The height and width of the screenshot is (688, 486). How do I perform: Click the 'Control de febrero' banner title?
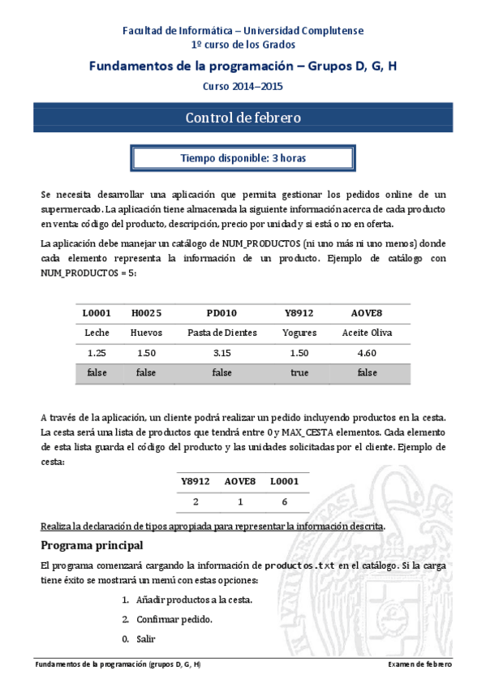(x=243, y=118)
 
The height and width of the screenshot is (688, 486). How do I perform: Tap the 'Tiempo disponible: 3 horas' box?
(x=243, y=158)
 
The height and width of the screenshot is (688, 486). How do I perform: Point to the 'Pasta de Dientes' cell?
(x=221, y=333)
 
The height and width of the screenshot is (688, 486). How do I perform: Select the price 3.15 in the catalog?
(x=221, y=353)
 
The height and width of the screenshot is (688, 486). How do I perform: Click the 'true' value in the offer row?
(x=299, y=372)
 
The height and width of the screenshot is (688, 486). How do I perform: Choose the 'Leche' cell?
(x=97, y=333)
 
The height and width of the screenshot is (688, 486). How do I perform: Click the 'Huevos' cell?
(x=146, y=333)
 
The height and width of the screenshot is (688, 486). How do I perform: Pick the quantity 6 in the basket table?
(x=285, y=502)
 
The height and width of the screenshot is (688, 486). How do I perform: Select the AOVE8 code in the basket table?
(x=240, y=482)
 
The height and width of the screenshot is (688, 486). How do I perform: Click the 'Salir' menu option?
(x=146, y=639)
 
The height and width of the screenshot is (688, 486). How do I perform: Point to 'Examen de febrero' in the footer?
(x=420, y=664)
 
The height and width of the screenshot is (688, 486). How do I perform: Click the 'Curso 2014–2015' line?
(x=243, y=86)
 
